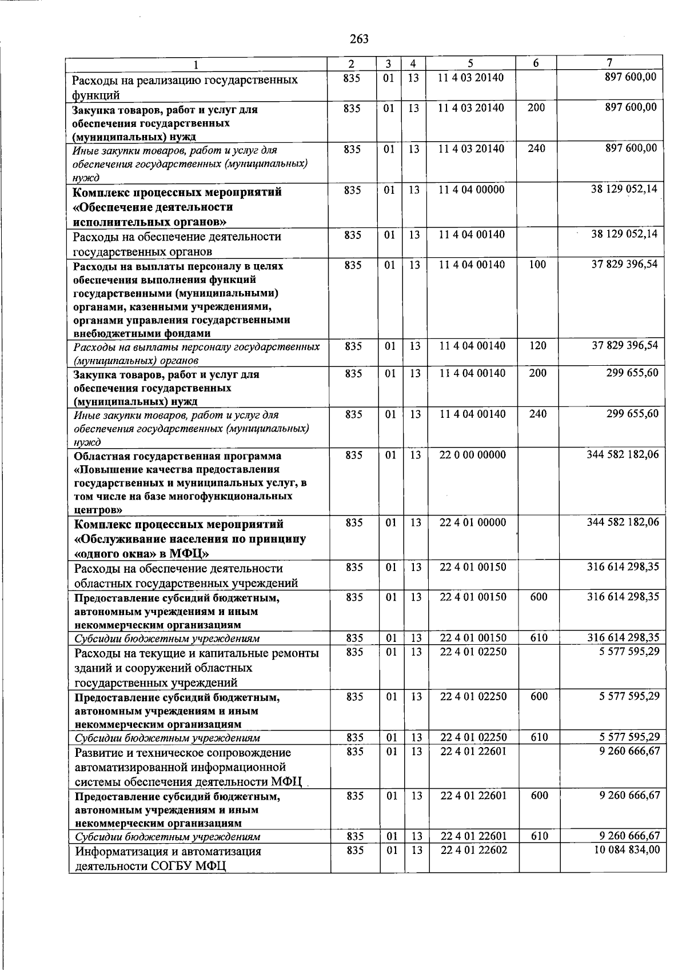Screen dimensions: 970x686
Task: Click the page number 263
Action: pos(359,39)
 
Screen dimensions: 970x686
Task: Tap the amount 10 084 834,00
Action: pos(627,850)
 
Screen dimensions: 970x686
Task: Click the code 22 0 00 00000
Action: pos(473,455)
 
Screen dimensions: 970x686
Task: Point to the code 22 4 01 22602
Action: pos(473,850)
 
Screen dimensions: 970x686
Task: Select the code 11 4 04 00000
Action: pos(472,190)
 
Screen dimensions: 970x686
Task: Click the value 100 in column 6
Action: pos(537,265)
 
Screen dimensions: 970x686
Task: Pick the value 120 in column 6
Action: pos(537,346)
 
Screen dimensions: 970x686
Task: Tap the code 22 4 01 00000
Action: pos(473,522)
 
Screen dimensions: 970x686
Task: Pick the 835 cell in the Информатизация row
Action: pos(354,850)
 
